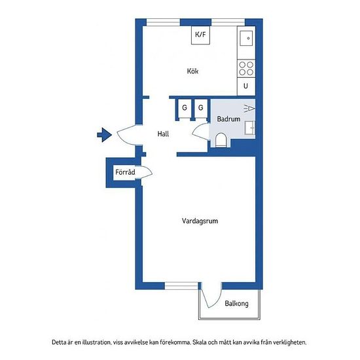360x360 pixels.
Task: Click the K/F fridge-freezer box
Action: [200, 35]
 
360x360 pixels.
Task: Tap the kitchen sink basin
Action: [246, 39]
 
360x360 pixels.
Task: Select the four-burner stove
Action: [246, 69]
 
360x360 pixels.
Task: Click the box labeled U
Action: [246, 86]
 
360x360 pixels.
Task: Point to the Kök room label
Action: [192, 71]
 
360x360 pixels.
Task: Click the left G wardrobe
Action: [185, 108]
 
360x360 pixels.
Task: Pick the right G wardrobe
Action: [201, 108]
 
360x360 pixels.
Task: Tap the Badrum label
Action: [228, 119]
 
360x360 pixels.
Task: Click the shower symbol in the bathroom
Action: [249, 108]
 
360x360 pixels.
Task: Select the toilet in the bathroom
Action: [221, 140]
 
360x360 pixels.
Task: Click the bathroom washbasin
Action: [250, 128]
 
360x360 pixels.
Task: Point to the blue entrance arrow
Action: [105, 135]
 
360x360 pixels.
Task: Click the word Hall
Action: [163, 134]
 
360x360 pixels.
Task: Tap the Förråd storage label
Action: [125, 172]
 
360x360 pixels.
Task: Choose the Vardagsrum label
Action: [200, 221]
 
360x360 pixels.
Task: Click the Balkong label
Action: [236, 304]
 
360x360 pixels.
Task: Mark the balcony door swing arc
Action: [217, 302]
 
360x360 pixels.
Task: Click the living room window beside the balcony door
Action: [181, 286]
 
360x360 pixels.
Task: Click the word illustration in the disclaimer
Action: [96, 342]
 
